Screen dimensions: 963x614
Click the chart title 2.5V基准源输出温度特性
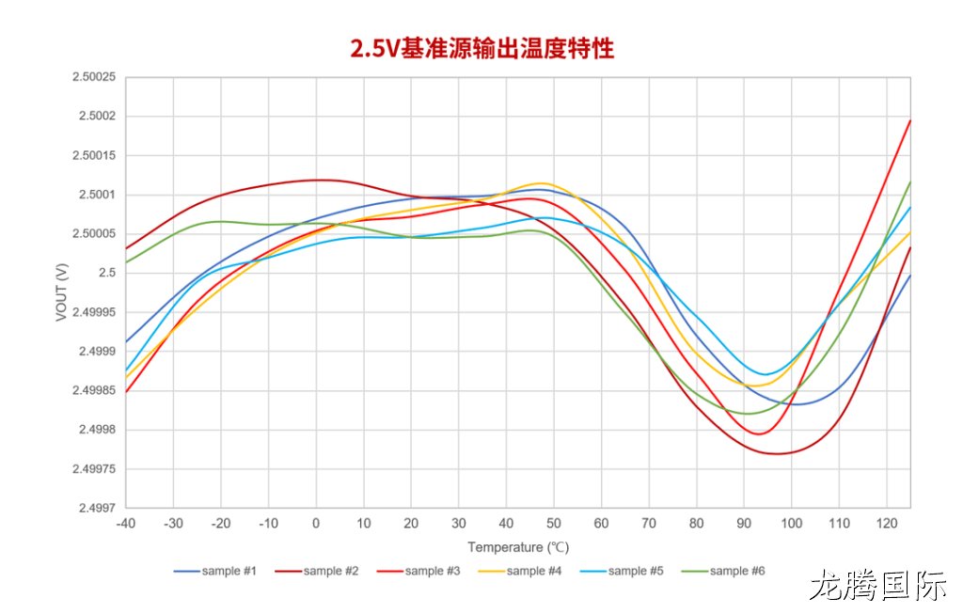coord(482,48)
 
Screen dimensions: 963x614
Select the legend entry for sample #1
coord(215,571)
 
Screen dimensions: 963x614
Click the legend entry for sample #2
coord(317,571)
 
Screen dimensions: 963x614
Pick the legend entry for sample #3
coord(418,571)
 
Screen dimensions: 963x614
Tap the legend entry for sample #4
coord(520,571)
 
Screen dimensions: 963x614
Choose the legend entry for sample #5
coord(622,571)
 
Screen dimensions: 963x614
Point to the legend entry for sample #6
coord(723,571)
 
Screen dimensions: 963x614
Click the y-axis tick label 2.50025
coord(94,77)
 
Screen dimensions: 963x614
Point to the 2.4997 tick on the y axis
coord(97,508)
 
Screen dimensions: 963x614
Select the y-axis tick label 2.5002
coord(97,117)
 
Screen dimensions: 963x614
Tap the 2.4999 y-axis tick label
coord(97,352)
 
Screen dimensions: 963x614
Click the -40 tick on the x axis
coord(126,524)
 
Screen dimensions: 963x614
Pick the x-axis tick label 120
coord(887,524)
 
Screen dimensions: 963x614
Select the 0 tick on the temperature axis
coord(316,524)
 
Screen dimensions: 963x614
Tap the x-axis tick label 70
coord(649,524)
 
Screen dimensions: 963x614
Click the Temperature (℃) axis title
coord(518,547)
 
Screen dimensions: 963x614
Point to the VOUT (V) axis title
coord(61,292)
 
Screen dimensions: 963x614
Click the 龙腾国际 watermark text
coord(878,585)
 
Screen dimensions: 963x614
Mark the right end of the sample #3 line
coord(910,120)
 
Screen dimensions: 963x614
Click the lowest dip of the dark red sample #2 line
coord(777,454)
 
